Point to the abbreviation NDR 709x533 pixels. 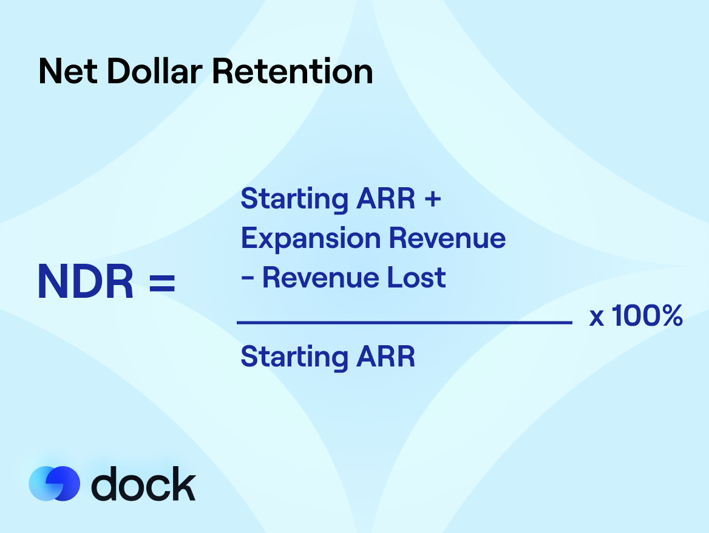(86, 283)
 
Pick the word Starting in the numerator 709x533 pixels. (293, 200)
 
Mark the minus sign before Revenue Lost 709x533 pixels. (247, 279)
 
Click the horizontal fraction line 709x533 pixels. (404, 323)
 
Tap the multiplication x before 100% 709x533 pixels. (597, 318)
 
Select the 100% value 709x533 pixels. (647, 316)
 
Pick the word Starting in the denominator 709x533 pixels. (293, 357)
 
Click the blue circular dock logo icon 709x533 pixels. (54, 483)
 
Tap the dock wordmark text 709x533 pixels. (143, 484)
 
